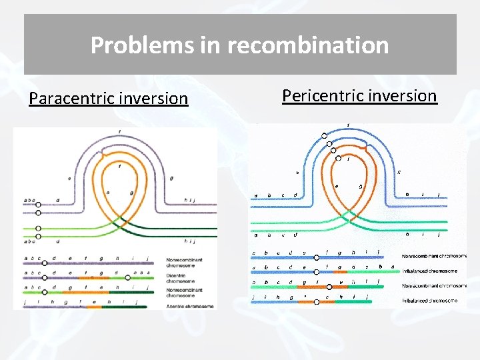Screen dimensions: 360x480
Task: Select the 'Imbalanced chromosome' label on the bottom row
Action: click(x=429, y=301)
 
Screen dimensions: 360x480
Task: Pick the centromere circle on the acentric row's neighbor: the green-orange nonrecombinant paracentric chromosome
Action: click(x=45, y=291)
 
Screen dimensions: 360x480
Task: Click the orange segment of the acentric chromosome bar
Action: click(x=94, y=307)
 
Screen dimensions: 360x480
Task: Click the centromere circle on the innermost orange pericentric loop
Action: click(x=338, y=159)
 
